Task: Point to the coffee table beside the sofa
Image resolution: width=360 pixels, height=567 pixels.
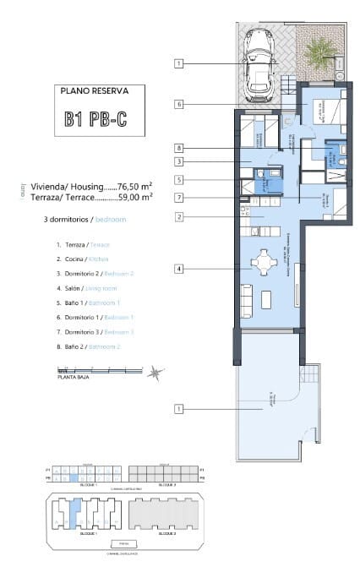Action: (268, 300)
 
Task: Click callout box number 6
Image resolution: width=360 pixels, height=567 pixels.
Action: (179, 104)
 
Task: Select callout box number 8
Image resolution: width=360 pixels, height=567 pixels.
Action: (179, 147)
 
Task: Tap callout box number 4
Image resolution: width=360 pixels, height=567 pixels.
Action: (179, 269)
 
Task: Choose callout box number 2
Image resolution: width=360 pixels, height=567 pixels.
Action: (179, 216)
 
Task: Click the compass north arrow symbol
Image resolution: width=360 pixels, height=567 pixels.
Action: (151, 372)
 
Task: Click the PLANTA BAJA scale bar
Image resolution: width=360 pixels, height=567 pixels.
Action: (93, 370)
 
